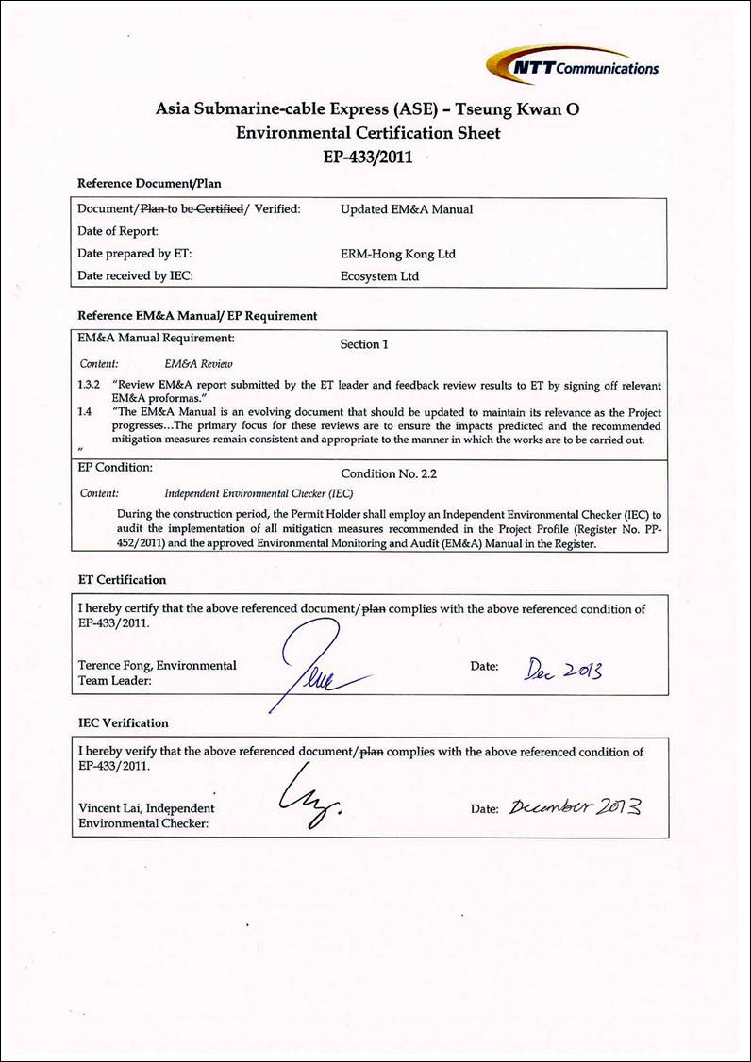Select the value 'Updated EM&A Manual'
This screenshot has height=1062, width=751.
[x=407, y=209]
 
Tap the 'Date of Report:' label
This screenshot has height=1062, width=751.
[x=118, y=231]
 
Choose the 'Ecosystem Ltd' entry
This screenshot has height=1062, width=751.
[x=379, y=276]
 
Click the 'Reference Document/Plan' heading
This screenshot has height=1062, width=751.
[x=149, y=184]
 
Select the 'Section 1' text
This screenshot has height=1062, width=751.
[x=364, y=344]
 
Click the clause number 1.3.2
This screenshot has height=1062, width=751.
[x=88, y=386]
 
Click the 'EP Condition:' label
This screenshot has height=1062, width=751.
[x=114, y=468]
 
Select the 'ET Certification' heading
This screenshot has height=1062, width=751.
[x=122, y=580]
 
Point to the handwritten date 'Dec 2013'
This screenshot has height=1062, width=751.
[x=562, y=669]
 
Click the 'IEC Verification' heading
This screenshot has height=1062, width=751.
[x=123, y=723]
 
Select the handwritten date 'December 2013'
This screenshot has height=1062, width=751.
[x=576, y=807]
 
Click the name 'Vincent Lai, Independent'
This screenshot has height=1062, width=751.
[x=146, y=808]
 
